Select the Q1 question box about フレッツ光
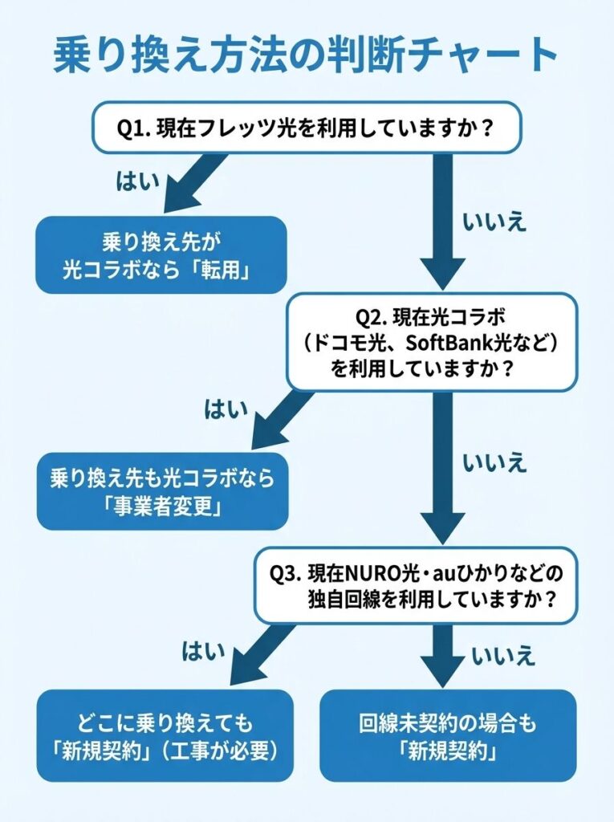pos(306,127)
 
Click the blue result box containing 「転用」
pos(161,254)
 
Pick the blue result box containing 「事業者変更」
pos(161,491)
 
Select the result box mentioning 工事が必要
pos(165,735)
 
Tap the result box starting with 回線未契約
pos(447,735)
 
